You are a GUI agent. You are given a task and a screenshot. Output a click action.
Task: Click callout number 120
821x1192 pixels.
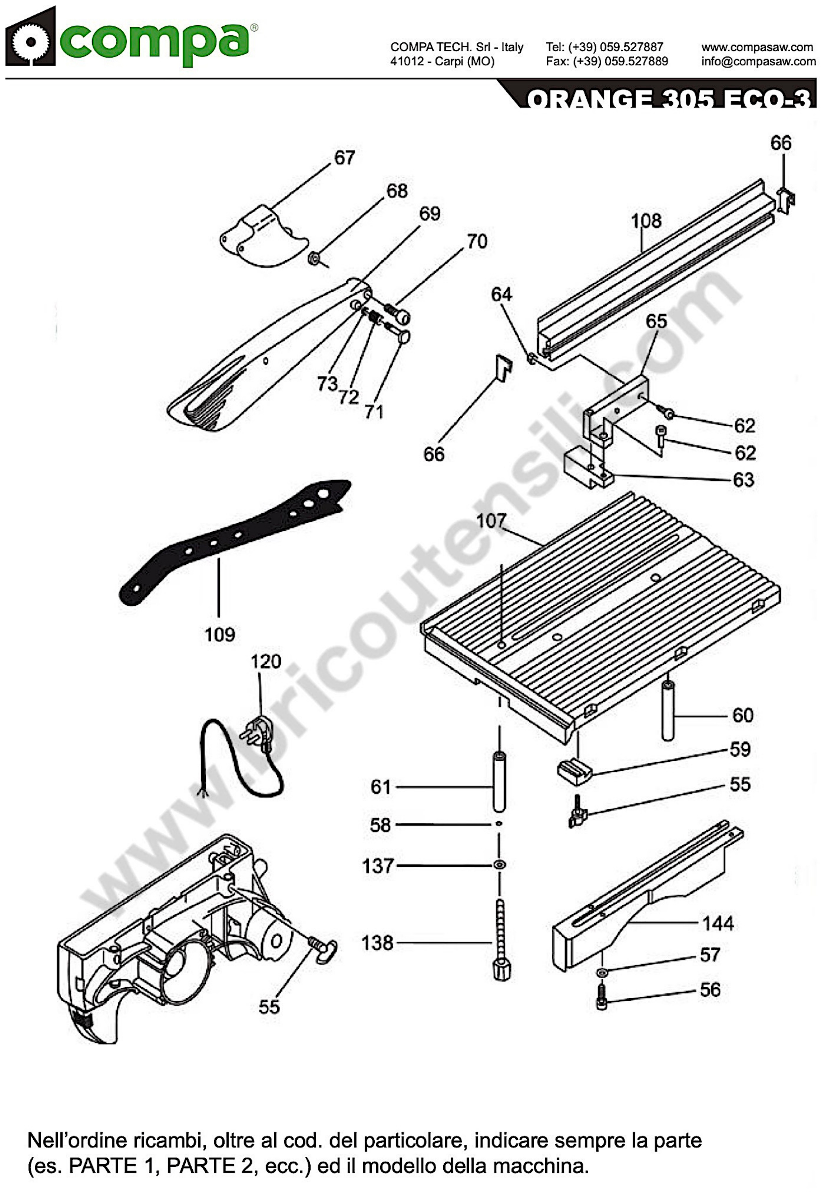[x=266, y=661]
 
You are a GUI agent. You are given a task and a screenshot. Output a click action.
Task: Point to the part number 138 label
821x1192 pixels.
[x=377, y=943]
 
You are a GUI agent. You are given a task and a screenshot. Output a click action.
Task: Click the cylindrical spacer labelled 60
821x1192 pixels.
[x=668, y=711]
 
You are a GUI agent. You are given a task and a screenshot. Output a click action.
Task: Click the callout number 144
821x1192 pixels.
[x=718, y=923]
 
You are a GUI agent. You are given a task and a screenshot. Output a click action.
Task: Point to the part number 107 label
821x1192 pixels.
[x=491, y=521]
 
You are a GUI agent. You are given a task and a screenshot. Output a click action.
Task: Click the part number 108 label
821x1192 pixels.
[x=646, y=221]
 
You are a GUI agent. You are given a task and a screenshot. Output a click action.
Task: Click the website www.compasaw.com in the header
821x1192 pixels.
[x=757, y=47]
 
